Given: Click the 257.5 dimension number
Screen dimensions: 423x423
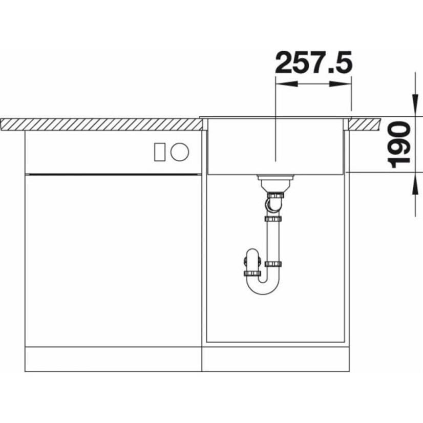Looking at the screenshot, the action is [x=313, y=62].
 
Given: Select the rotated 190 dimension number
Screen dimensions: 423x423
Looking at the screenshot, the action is [x=398, y=144].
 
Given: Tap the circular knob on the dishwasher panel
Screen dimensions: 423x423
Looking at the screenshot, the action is [x=180, y=152].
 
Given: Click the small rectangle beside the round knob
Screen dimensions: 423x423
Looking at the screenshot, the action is [x=159, y=152].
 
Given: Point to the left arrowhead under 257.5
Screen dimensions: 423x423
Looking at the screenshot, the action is [x=286, y=84].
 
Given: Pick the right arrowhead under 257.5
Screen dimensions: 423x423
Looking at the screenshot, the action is [x=341, y=84].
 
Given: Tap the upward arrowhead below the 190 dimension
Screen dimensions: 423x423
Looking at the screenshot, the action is [x=415, y=183].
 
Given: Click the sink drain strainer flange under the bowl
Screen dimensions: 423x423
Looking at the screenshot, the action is [x=275, y=178].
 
